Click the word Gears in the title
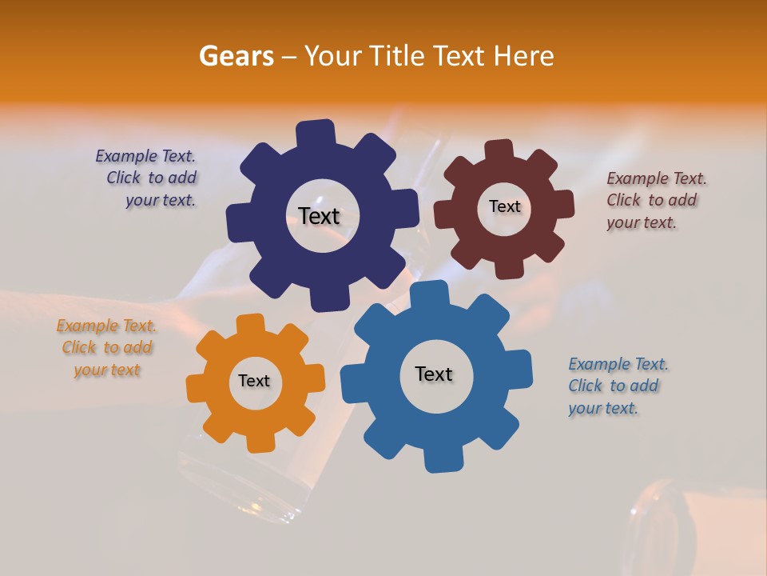coord(234,56)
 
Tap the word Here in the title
coord(524,56)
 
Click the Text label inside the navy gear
coord(319,216)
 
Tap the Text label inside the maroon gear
coord(504,206)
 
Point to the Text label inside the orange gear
coord(254,382)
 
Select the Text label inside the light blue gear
coord(434,374)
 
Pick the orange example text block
coord(106,348)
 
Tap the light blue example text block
coord(618,386)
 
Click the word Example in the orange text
coord(87,326)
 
